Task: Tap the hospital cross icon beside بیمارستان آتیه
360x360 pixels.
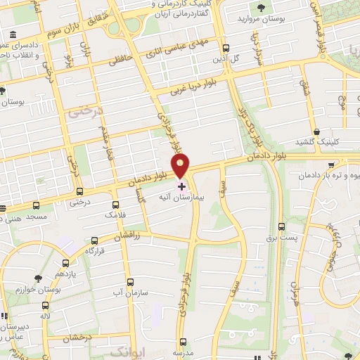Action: (x=182, y=186)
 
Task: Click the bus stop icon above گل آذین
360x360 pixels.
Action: (x=225, y=49)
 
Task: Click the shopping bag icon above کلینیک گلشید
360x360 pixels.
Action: (x=318, y=131)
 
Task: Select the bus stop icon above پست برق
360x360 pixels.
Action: (x=282, y=226)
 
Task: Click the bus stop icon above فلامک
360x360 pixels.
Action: (x=108, y=202)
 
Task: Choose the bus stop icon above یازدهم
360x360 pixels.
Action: (x=65, y=261)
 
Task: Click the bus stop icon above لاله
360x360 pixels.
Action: (x=46, y=306)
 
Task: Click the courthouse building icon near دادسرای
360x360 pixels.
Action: (x=15, y=35)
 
